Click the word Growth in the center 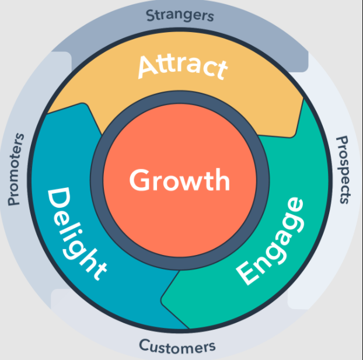[x=180, y=180]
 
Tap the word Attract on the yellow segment [x=183, y=67]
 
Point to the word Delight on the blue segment [x=76, y=233]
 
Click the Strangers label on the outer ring [x=180, y=16]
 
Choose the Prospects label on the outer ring [x=344, y=170]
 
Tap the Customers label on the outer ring [x=177, y=347]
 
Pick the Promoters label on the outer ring [x=16, y=169]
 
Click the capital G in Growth [x=139, y=180]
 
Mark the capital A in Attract [x=148, y=67]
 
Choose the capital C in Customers [x=145, y=345]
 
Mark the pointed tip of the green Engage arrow [x=162, y=300]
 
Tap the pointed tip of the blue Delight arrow [x=84, y=104]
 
